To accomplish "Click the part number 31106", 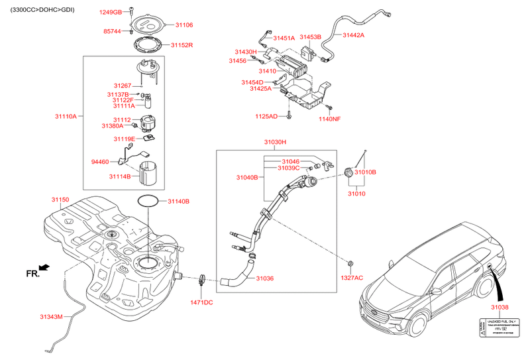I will [184, 25].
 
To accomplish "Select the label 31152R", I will [181, 45].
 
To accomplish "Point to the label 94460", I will [100, 161].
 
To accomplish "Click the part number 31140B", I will [178, 201].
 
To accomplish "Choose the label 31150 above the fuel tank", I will [60, 199].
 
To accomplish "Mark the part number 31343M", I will [51, 317].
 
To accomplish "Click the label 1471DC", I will [201, 302].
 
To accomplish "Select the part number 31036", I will [265, 278].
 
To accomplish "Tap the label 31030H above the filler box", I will [275, 142].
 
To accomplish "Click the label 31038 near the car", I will [500, 308].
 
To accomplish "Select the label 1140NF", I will [329, 119].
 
